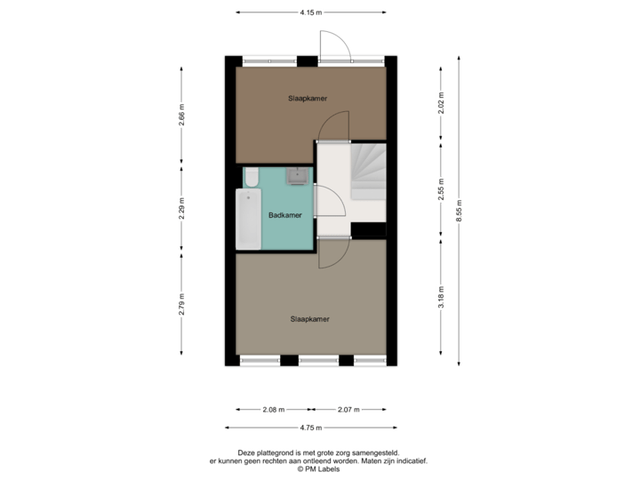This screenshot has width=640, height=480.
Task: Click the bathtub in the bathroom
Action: [x=249, y=220]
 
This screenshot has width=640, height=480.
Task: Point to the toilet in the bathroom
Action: [x=252, y=176]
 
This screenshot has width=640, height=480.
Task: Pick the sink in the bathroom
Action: [x=297, y=175]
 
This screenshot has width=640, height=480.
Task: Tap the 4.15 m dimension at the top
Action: [x=311, y=12]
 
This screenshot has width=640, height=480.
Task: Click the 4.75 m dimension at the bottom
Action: [x=311, y=428]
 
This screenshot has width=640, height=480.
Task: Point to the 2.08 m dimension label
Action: [x=274, y=410]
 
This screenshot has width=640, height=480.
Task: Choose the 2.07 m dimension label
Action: [x=348, y=410]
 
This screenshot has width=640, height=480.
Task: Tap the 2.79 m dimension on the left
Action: [x=181, y=303]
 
